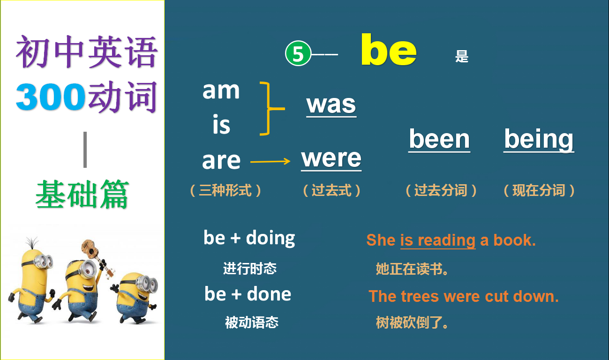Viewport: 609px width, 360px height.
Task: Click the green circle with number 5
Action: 298,54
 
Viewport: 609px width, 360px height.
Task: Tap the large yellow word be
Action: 388,51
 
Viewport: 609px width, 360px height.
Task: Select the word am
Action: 221,90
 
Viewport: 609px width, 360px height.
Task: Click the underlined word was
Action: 331,104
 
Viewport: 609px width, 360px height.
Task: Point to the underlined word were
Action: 331,158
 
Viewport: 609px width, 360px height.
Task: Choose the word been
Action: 439,139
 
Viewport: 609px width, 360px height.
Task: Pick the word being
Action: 539,139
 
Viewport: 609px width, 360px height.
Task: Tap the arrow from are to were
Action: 270,162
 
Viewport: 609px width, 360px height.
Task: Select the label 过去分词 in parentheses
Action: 441,191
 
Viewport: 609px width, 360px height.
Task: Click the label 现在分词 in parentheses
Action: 539,191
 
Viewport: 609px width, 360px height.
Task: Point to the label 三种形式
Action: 226,191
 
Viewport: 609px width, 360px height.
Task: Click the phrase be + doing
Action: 249,238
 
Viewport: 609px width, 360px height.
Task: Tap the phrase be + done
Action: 248,294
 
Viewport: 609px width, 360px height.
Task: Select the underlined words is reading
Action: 437,240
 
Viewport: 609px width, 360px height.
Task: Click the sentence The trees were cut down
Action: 463,296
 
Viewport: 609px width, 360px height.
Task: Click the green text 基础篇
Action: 82,195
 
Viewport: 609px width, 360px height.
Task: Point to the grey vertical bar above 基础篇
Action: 85,150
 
